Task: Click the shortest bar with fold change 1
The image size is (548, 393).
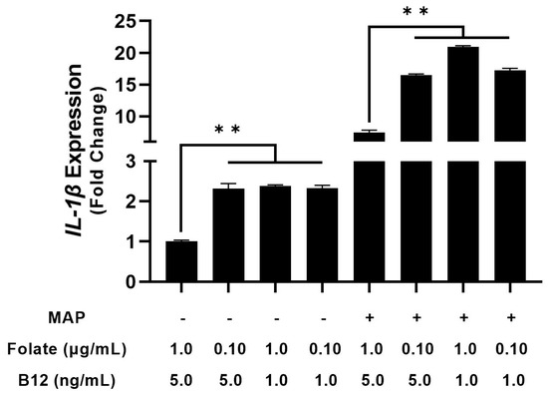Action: [x=181, y=261]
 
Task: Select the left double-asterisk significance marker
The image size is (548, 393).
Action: [x=228, y=130]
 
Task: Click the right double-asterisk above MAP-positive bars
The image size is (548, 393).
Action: [x=415, y=11]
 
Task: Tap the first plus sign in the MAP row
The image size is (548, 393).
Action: [x=369, y=318]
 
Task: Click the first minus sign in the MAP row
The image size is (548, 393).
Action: [x=181, y=318]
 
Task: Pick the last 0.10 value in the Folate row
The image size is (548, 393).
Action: [x=509, y=349]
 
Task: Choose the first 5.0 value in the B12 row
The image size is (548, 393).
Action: [x=181, y=380]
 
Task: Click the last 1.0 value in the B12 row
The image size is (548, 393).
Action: [x=509, y=380]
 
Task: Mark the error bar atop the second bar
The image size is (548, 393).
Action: [x=228, y=186]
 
